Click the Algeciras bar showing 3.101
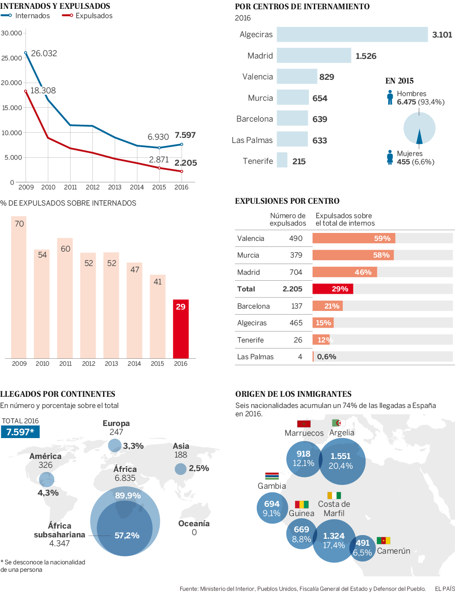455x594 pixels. coord(352,35)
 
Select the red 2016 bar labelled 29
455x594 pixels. coord(181,329)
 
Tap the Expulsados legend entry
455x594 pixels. coord(88,16)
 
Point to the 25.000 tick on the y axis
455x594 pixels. coord(12,58)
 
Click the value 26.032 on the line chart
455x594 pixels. coord(44,53)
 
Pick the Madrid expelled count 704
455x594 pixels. coord(296,272)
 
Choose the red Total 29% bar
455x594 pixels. coord(332,289)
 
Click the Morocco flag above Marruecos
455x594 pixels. coord(304,424)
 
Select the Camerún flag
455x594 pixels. coord(383,540)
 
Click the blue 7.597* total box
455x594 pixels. coord(20,432)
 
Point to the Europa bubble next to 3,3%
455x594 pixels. coord(115,445)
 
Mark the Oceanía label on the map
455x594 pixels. coord(194,523)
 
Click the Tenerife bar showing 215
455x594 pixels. coord(282,161)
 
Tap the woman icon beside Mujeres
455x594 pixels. coord(390,157)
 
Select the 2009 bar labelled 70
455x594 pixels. coord(19,287)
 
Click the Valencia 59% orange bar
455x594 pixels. coord(353,239)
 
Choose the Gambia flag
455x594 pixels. coord(272,476)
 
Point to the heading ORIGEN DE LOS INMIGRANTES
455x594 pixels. coord(293,394)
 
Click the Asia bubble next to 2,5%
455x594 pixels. coord(181,469)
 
